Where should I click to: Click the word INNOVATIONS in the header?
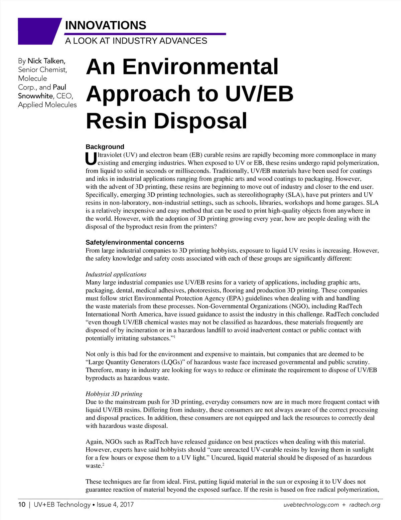(x=106, y=25)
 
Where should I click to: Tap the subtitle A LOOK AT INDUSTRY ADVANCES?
(x=136, y=41)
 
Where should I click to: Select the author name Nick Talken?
(x=46, y=61)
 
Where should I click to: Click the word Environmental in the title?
(x=200, y=67)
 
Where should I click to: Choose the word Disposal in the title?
(x=200, y=121)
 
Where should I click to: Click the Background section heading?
(x=105, y=147)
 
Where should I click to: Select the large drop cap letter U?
(x=91, y=159)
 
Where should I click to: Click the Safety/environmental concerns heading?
(x=135, y=242)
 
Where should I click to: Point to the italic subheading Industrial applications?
(x=116, y=274)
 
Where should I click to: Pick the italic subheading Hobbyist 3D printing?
(x=114, y=394)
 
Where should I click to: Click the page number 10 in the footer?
(x=22, y=504)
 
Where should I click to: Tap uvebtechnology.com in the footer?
(x=311, y=505)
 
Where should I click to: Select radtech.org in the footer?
(x=365, y=505)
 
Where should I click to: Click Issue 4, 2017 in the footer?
(x=115, y=504)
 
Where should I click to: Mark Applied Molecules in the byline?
(x=47, y=105)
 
